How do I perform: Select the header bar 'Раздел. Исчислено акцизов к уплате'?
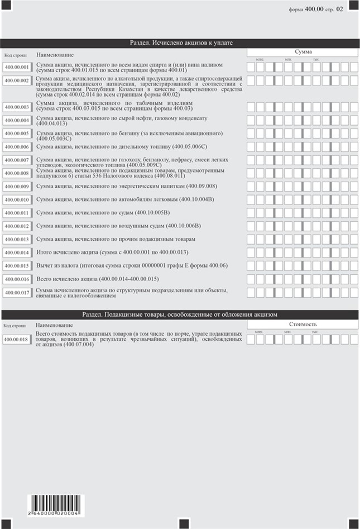[179, 42]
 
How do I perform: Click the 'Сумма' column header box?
[303, 52]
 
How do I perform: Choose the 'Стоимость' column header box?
[303, 324]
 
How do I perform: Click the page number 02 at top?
[340, 9]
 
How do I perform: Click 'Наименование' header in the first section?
[55, 55]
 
